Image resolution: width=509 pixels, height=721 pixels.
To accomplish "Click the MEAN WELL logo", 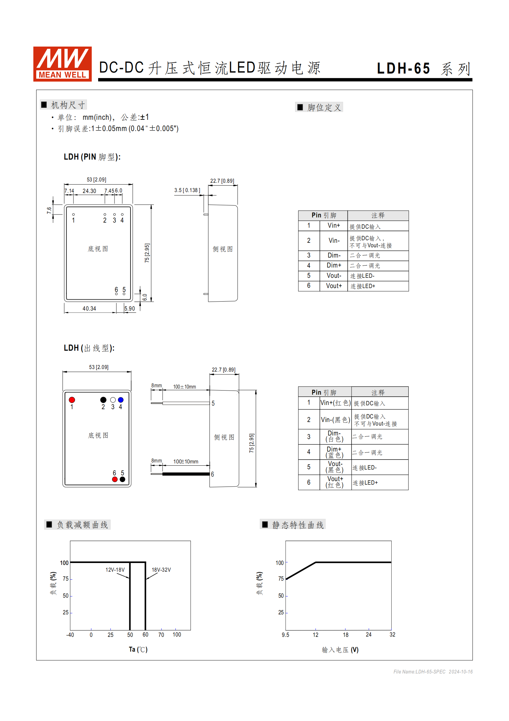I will [63, 64].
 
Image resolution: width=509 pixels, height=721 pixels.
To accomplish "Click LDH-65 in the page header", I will [403, 68].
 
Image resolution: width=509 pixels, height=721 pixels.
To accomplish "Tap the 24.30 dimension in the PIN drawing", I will [89, 191].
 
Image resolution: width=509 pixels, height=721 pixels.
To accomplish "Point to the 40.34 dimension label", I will [89, 309].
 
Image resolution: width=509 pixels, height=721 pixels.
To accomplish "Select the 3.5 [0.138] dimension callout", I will [187, 190].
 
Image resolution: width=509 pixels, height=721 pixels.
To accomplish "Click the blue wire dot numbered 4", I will [121, 400].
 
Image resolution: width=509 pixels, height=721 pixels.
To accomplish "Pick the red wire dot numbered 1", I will [72, 400].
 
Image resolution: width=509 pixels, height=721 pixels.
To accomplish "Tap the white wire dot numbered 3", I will [113, 400].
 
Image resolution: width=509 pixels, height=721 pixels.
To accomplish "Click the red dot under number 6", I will [115, 479].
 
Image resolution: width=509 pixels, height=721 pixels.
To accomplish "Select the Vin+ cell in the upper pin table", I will [334, 226].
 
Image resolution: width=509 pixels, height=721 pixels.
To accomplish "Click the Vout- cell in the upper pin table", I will [334, 276].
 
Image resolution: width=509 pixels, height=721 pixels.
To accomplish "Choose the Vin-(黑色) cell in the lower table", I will [335, 420].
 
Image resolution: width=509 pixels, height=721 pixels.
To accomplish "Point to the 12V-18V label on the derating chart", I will [115, 570].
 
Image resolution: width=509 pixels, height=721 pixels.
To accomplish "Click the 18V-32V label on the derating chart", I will [161, 570].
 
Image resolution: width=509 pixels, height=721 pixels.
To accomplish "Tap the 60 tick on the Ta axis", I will [145, 635].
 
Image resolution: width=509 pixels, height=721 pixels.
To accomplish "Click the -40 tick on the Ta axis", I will [70, 635].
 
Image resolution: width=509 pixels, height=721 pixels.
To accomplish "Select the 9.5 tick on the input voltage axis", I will [285, 635].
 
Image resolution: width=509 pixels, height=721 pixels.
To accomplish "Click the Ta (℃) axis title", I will [138, 649].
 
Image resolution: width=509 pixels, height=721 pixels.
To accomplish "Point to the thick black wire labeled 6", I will [186, 474].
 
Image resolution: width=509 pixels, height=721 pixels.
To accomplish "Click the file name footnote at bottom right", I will [433, 672].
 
